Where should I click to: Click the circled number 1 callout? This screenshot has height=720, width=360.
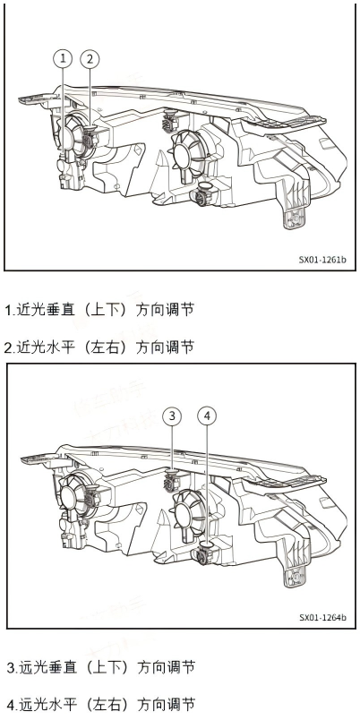pos(62,59)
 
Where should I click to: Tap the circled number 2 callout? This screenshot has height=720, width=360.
pos(90,59)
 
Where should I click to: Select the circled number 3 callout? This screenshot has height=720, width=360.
pos(173,416)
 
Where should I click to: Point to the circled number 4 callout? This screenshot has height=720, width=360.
pos(207,416)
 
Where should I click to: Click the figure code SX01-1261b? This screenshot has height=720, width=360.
pos(322,261)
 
